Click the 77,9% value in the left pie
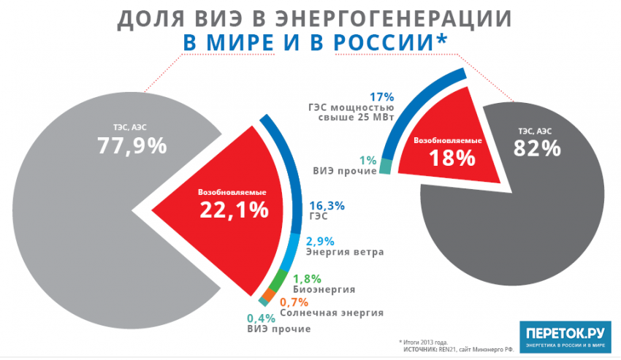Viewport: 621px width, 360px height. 132,145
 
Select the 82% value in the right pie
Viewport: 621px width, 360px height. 536,148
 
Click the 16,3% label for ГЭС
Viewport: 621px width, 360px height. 327,205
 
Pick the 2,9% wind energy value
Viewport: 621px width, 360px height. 321,241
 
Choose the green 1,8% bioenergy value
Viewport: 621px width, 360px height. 308,277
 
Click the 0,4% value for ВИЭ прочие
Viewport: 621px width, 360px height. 260,318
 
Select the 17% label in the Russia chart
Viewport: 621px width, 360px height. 381,96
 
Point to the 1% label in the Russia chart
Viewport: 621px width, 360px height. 368,160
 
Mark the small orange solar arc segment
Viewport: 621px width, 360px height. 269,294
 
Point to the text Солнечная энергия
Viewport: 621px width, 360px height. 339,313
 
